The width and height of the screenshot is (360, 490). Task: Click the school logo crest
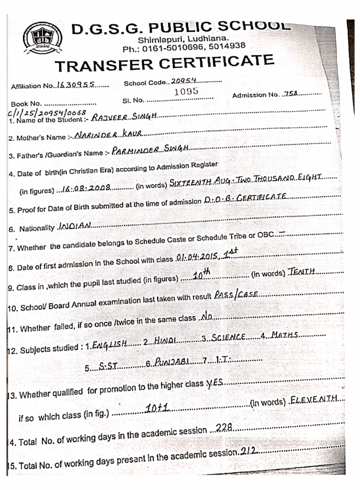point(44,38)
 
